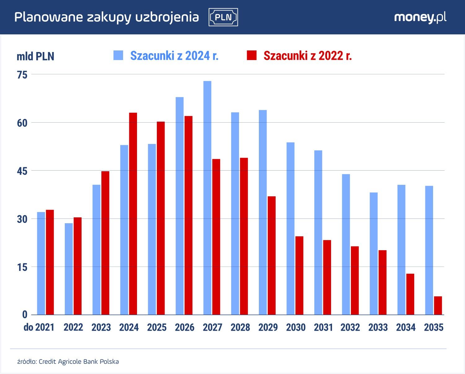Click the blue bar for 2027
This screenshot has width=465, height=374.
pyautogui.click(x=207, y=198)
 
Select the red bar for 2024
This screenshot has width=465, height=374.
pyautogui.click(x=133, y=214)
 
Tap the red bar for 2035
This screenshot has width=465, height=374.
pyautogui.click(x=438, y=306)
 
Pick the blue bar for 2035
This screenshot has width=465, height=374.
pyautogui.click(x=429, y=250)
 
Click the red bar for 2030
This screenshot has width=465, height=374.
pyautogui.click(x=299, y=276)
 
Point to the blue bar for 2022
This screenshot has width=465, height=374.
pyautogui.click(x=69, y=269)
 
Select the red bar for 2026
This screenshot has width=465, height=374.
pyautogui.click(x=188, y=215)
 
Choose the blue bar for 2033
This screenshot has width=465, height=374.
pyautogui.click(x=374, y=254)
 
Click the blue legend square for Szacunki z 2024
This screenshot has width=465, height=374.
pyautogui.click(x=118, y=55)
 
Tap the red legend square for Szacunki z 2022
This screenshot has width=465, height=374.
pyautogui.click(x=252, y=55)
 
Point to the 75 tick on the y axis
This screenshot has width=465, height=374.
pyautogui.click(x=22, y=75)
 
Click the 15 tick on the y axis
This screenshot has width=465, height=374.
pyautogui.click(x=22, y=267)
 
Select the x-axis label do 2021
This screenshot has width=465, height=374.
pyautogui.click(x=39, y=327)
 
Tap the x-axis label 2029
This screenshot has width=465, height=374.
pyautogui.click(x=268, y=327)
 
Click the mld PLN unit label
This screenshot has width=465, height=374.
pyautogui.click(x=35, y=56)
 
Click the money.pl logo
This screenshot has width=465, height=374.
pyautogui.click(x=420, y=17)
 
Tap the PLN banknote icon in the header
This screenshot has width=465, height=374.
pyautogui.click(x=223, y=17)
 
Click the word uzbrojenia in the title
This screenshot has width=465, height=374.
pyautogui.click(x=167, y=17)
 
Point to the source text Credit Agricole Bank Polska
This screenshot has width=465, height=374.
pyautogui.click(x=79, y=362)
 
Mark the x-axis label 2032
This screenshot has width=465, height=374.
pyautogui.click(x=350, y=327)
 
